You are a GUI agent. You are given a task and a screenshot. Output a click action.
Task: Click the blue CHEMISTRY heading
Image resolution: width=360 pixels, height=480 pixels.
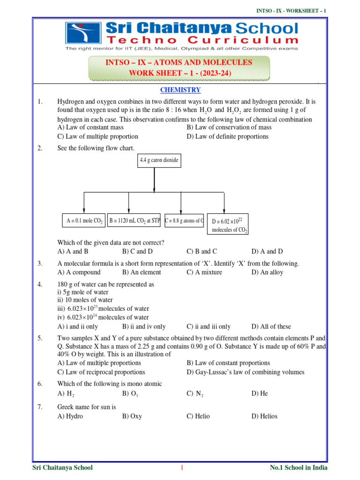click(180, 90)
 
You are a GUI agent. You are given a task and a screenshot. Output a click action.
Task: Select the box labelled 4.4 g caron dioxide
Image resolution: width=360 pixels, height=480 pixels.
click(158, 160)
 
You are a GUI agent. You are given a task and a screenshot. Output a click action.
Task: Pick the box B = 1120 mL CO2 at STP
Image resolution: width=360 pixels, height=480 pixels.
click(134, 220)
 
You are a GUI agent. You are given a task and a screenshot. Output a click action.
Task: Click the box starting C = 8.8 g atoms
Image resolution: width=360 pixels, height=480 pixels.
click(184, 220)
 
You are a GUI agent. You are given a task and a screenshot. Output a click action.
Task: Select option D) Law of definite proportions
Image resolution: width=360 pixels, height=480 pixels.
click(227, 136)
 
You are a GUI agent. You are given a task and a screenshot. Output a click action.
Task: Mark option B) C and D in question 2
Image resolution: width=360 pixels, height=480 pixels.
click(137, 252)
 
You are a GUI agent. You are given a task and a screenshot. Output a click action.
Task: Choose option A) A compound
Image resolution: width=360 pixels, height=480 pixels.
click(79, 272)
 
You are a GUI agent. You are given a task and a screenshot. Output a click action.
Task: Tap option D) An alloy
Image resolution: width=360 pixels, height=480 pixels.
click(267, 272)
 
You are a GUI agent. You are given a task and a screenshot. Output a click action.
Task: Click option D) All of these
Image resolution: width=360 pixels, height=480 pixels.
click(271, 327)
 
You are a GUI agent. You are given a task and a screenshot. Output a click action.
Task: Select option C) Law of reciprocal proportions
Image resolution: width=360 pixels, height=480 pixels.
click(101, 372)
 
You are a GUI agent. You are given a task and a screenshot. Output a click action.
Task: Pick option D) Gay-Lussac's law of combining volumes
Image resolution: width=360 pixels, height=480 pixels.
click(245, 372)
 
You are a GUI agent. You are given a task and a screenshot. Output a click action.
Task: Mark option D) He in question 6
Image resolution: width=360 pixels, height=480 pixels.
click(260, 394)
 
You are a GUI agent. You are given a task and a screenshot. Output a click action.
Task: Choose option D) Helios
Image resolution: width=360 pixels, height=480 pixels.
click(264, 416)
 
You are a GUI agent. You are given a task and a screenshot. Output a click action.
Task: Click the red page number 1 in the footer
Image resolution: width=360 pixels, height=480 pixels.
click(181, 468)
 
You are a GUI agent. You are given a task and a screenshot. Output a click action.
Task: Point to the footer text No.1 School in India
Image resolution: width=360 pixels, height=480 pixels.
click(299, 468)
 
